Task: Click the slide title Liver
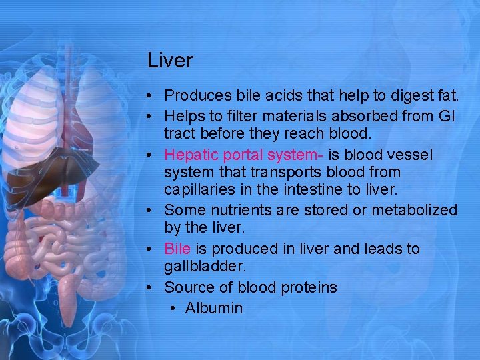click(x=170, y=61)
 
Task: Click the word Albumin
click(x=214, y=308)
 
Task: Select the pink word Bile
click(x=177, y=249)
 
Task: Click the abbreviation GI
click(x=447, y=116)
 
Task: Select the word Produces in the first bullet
click(x=196, y=96)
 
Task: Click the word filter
click(x=243, y=116)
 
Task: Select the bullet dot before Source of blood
click(x=151, y=287)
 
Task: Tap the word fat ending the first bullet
click(x=447, y=96)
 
